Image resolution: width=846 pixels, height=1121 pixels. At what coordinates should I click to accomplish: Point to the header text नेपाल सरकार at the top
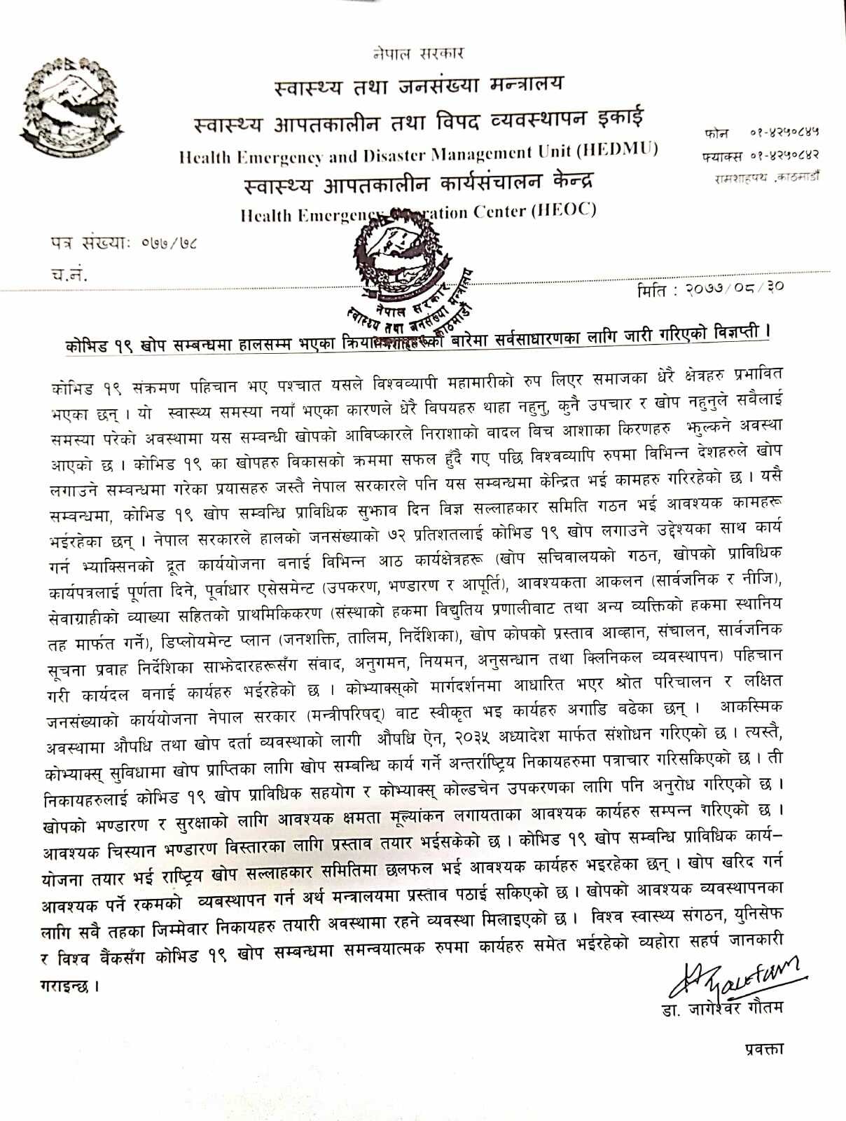[418, 53]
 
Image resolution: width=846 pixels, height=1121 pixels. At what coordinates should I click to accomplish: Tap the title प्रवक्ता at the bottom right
[763, 1048]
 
